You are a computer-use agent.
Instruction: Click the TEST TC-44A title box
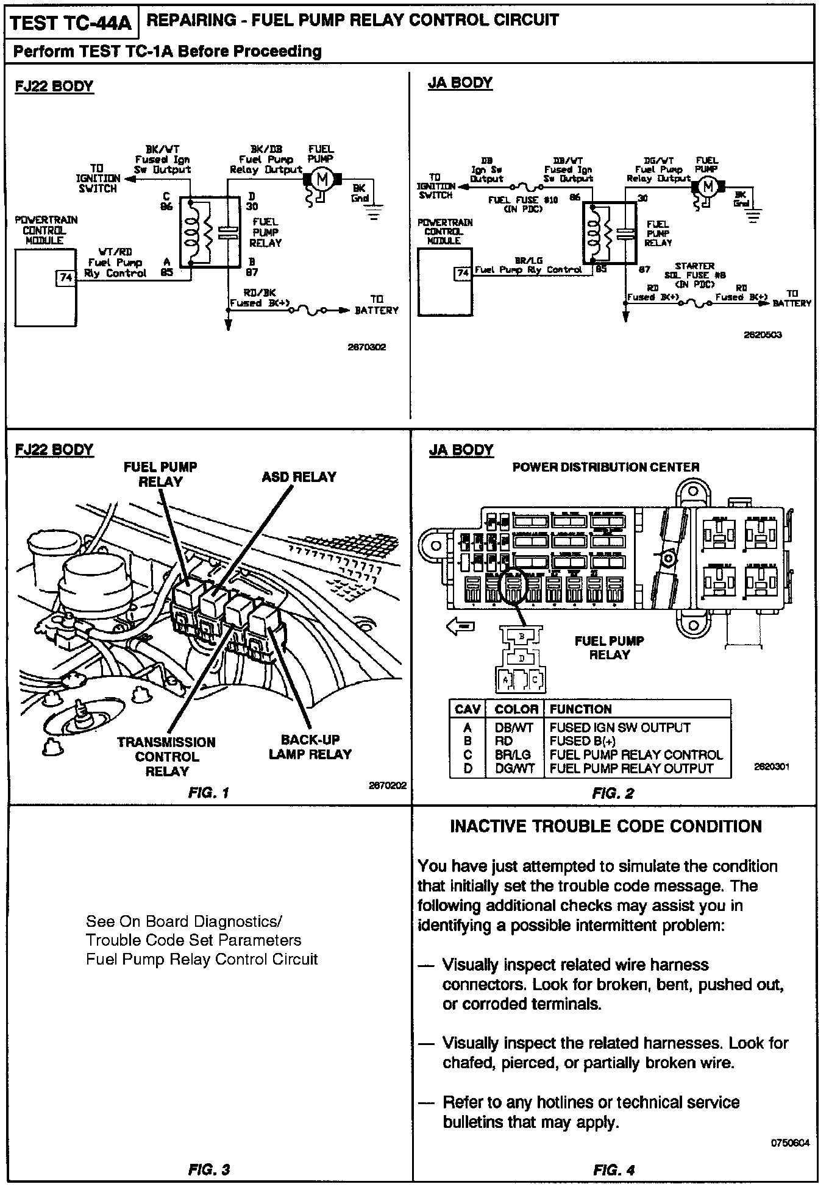[71, 23]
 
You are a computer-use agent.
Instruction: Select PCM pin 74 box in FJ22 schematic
[66, 278]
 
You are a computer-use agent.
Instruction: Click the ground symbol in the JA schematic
[755, 214]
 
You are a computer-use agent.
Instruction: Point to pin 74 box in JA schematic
[463, 273]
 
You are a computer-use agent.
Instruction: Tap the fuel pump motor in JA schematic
[707, 186]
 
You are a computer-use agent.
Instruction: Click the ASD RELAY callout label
[299, 477]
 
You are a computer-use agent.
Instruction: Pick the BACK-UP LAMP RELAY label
[310, 746]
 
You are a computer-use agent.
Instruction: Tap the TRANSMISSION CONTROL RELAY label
[166, 756]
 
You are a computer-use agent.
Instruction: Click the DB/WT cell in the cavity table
[514, 728]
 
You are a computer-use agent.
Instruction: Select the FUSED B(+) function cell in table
[582, 741]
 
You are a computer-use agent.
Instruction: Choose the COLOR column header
[516, 709]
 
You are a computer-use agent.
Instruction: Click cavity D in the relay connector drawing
[521, 659]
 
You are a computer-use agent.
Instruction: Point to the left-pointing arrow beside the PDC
[461, 626]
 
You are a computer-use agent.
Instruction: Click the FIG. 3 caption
[208, 1169]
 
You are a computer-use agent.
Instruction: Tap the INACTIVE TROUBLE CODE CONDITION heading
[605, 826]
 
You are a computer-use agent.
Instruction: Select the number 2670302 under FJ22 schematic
[366, 347]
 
